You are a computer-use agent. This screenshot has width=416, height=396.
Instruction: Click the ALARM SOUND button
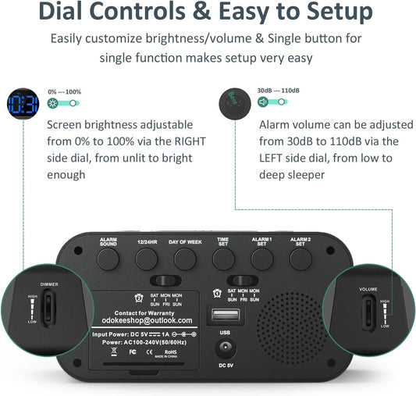[x=109, y=257]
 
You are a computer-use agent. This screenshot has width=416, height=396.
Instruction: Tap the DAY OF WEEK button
[x=185, y=257]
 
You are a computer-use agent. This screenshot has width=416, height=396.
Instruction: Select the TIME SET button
[x=222, y=257]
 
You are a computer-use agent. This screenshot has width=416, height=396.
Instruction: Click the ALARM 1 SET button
[x=261, y=257]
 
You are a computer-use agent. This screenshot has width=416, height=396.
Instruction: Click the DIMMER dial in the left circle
[x=48, y=306]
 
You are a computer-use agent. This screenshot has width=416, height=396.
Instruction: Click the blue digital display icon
[x=23, y=105]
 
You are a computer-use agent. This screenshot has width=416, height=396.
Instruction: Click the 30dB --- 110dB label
[x=279, y=91]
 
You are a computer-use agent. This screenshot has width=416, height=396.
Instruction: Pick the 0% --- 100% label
[x=65, y=91]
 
